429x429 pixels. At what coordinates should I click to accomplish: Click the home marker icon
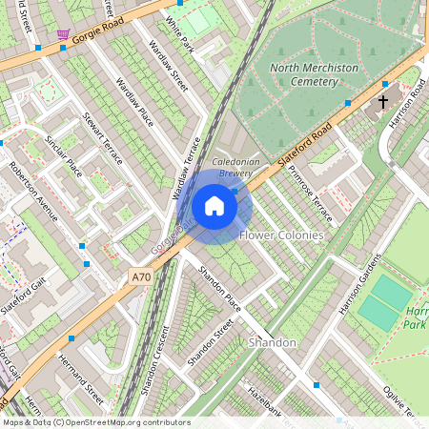point(214,205)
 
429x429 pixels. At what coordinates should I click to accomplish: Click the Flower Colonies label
point(281,235)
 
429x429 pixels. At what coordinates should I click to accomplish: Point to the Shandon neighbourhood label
point(272,341)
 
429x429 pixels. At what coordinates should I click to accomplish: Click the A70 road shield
point(140,277)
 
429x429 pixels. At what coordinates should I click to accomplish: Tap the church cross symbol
point(383,101)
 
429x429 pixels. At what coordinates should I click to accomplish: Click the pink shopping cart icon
point(63,36)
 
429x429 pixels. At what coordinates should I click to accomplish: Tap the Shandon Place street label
point(219,288)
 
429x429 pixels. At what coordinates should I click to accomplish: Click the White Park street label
point(178,34)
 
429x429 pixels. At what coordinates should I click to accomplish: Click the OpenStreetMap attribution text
point(95,422)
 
